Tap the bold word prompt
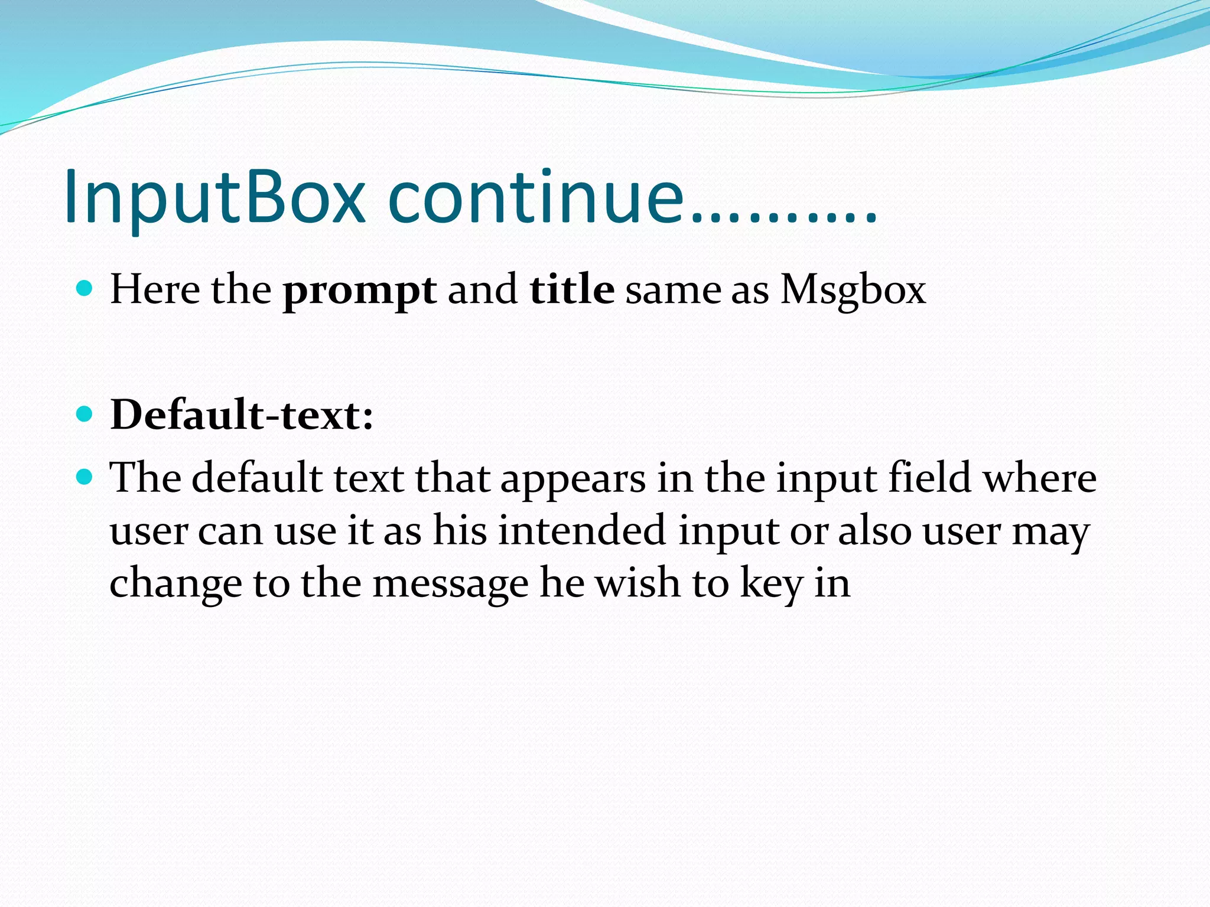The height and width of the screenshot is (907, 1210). (x=359, y=291)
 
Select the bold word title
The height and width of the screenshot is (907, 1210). (x=571, y=290)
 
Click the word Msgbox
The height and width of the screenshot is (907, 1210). (x=853, y=291)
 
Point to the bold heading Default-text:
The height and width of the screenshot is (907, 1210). (x=242, y=415)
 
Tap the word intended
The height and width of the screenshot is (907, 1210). (x=581, y=530)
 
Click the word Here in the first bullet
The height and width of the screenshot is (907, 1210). (x=155, y=290)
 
